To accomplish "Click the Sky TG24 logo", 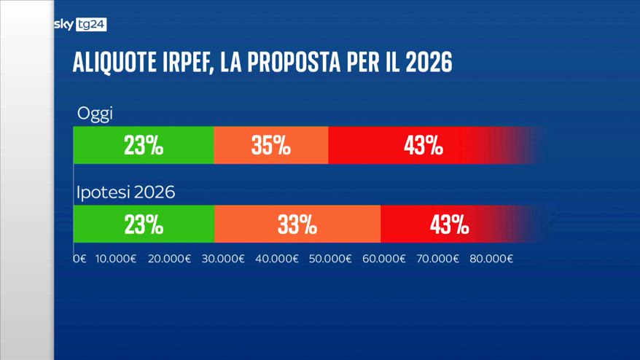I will [80, 25].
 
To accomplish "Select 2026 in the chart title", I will [428, 63].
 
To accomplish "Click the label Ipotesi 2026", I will [125, 193].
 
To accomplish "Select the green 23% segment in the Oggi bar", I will [144, 146].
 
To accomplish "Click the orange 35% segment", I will [271, 146].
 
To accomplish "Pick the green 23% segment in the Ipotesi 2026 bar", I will [144, 224].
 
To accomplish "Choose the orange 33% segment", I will [297, 224].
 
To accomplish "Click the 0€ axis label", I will [79, 259].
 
